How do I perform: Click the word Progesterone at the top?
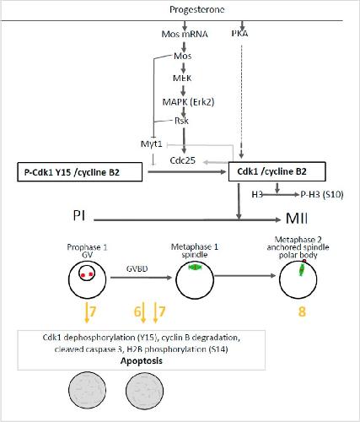pyautogui.click(x=196, y=10)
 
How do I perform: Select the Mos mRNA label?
pyautogui.click(x=185, y=34)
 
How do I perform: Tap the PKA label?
pyautogui.click(x=239, y=34)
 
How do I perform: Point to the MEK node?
pyautogui.click(x=182, y=78)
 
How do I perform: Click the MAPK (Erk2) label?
pyautogui.click(x=188, y=101)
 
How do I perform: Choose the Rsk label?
pyautogui.click(x=181, y=121)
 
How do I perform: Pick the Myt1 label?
pyautogui.click(x=152, y=144)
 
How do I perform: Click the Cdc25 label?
pyautogui.click(x=183, y=160)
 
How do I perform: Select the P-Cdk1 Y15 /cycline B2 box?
pyautogui.click(x=80, y=172)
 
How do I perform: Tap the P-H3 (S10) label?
pyautogui.click(x=322, y=194)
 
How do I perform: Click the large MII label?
pyautogui.click(x=297, y=218)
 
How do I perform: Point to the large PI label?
pyautogui.click(x=79, y=216)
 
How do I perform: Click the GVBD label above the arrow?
pyautogui.click(x=137, y=268)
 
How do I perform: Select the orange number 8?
pyautogui.click(x=302, y=311)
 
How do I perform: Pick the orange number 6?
pyautogui.click(x=137, y=311)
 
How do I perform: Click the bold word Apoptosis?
pyautogui.click(x=142, y=361)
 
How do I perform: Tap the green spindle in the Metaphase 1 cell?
pyautogui.click(x=195, y=267)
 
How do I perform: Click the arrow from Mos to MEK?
pyautogui.click(x=184, y=68)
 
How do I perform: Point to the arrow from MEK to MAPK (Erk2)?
pyautogui.click(x=184, y=90)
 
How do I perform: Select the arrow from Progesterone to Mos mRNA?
pyautogui.click(x=185, y=25)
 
